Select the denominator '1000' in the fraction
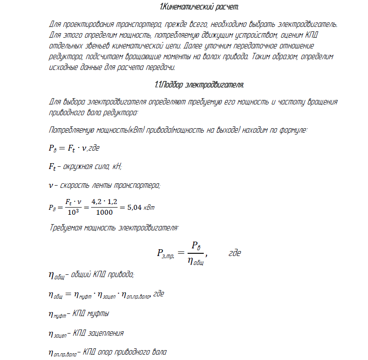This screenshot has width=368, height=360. (x=105, y=213)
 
